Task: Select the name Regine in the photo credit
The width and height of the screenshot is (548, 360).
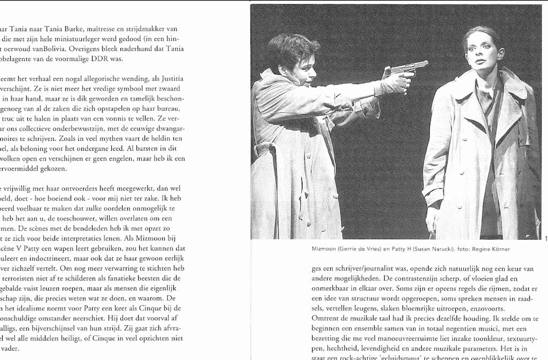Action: coord(478,249)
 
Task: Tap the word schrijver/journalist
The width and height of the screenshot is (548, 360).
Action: coord(355,271)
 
